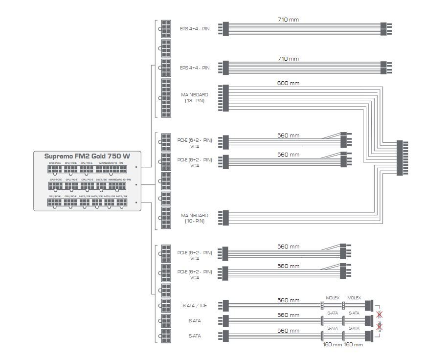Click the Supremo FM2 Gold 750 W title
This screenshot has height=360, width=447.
point(87,156)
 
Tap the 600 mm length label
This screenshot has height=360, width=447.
point(288,83)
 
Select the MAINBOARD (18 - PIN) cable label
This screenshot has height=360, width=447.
point(194,97)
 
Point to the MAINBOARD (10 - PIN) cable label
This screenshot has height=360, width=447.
point(194,218)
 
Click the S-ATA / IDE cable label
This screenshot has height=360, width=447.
point(195,306)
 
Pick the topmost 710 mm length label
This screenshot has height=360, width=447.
point(288,20)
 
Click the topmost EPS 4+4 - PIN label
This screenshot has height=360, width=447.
point(194,28)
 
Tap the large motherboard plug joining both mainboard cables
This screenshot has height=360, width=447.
point(402,157)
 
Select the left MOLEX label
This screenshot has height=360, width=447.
point(333,298)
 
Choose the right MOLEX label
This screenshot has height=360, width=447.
point(354,298)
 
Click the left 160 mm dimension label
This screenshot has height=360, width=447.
point(332,345)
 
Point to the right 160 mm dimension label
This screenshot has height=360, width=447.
point(353,345)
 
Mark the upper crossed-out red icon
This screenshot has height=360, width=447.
point(379,314)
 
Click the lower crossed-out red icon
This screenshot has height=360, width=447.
point(379,327)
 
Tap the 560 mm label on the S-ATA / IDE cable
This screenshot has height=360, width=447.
point(288,301)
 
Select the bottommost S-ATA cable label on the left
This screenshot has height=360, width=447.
point(195,336)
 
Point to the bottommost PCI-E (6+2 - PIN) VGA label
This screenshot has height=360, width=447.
point(194,274)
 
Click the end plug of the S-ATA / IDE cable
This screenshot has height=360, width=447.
point(368,306)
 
